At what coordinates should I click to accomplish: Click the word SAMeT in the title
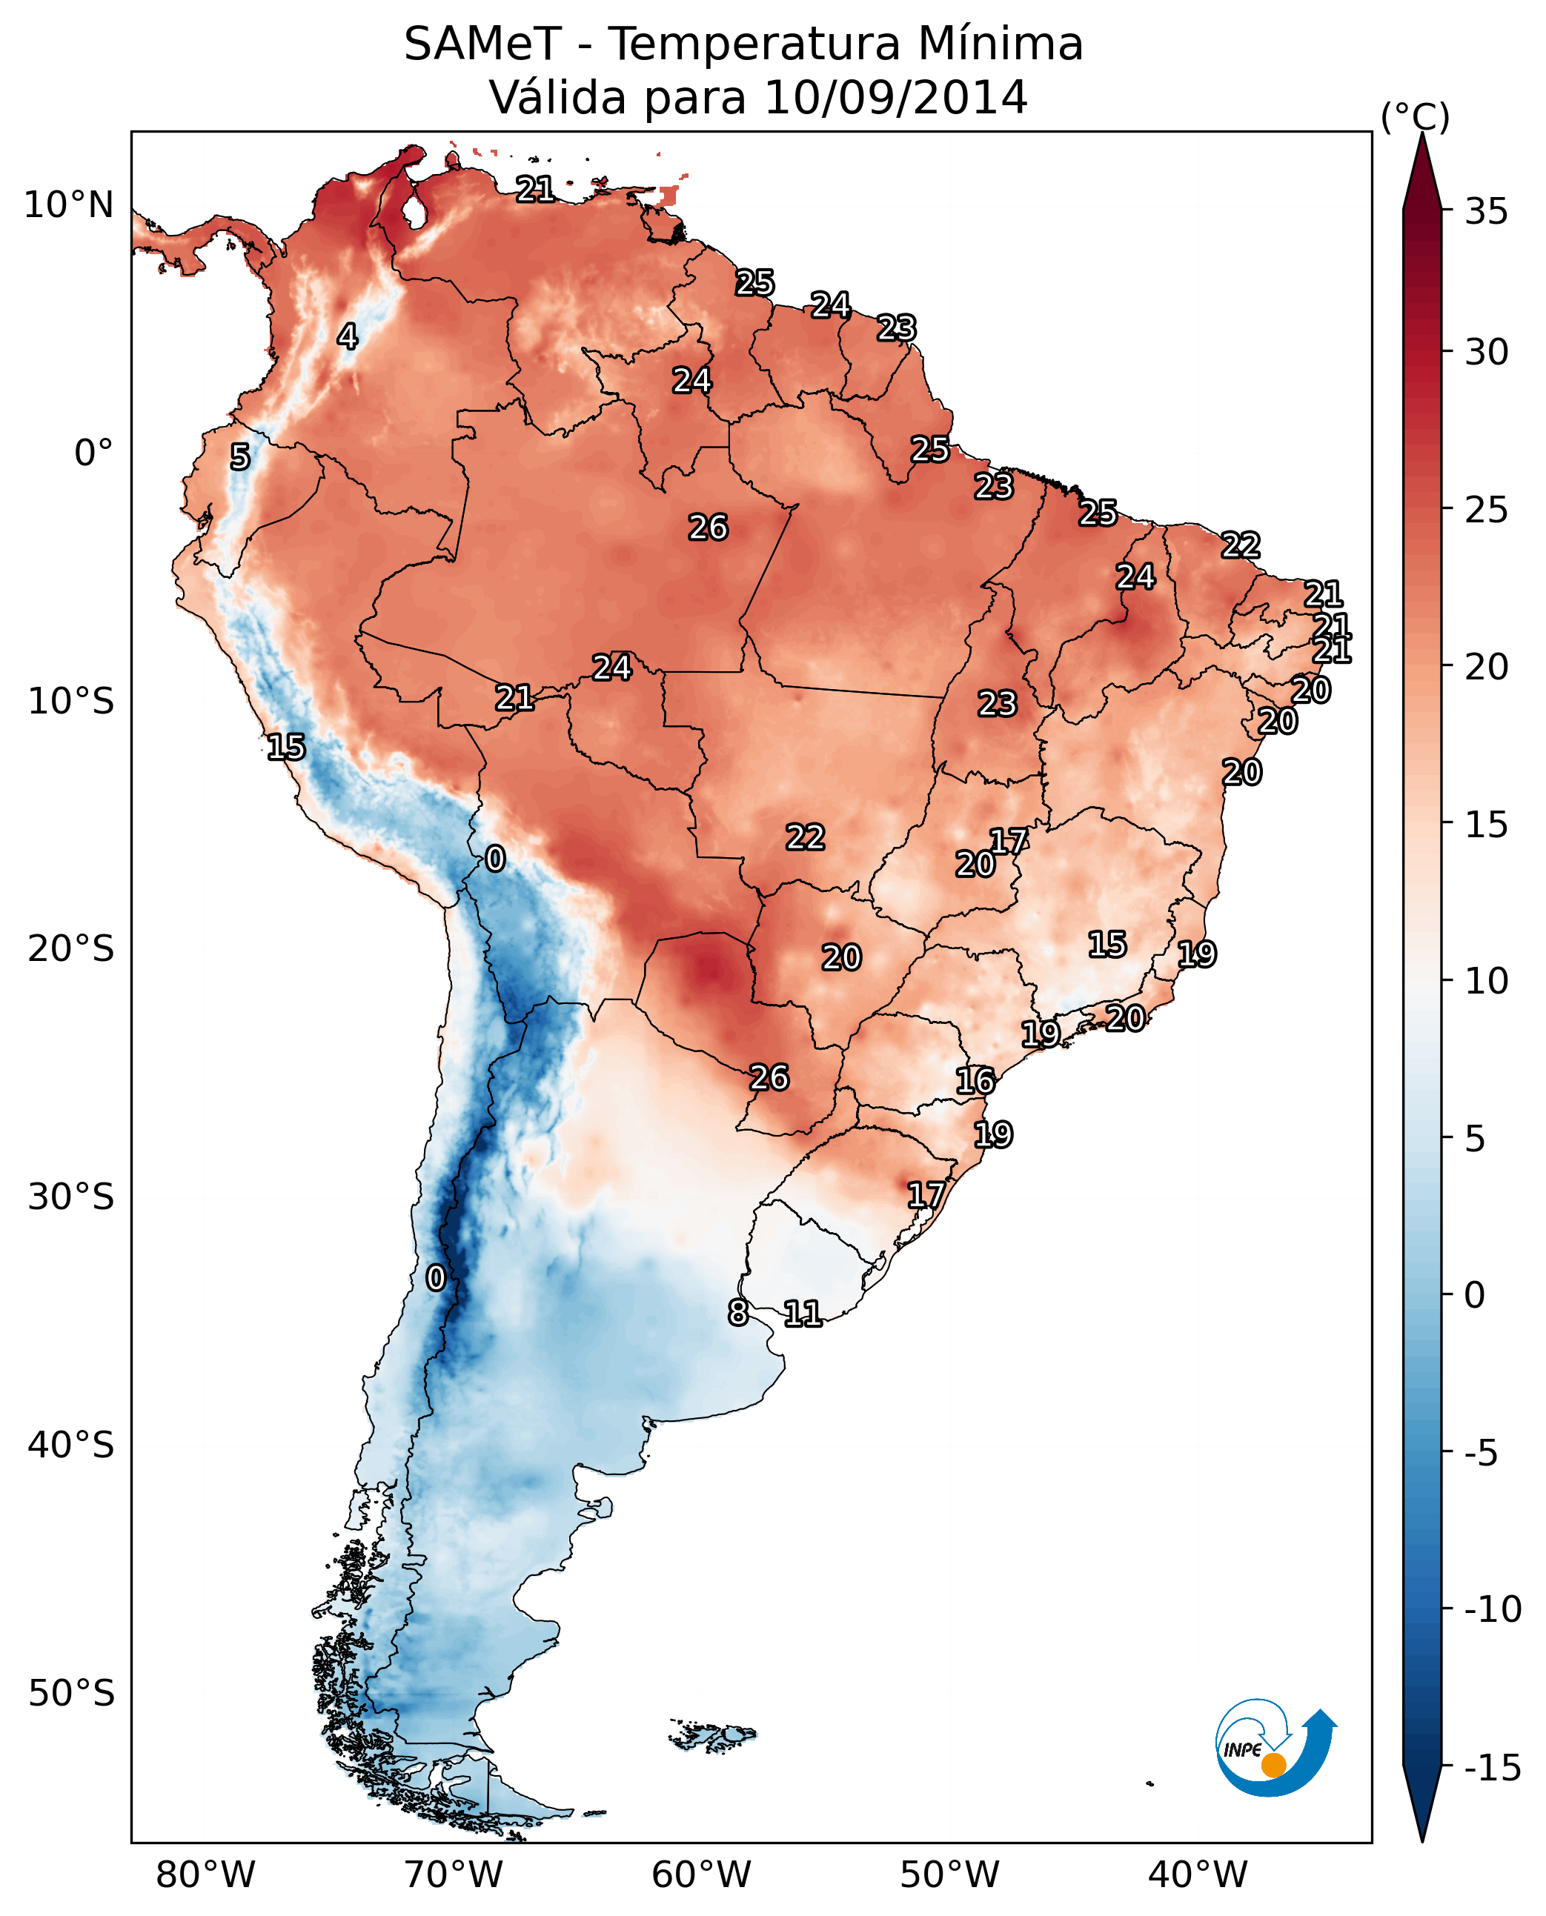(482, 44)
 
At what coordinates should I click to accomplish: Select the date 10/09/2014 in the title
(896, 97)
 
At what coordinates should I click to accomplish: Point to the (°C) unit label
(1415, 118)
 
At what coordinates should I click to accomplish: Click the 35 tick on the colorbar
(1486, 212)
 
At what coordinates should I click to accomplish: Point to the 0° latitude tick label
(93, 453)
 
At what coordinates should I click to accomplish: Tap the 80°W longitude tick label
(206, 1875)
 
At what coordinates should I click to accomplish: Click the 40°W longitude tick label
(1198, 1875)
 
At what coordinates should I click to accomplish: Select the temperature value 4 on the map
(348, 336)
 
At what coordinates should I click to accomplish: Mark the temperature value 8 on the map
(738, 1312)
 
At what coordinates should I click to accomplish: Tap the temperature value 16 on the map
(975, 1081)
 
